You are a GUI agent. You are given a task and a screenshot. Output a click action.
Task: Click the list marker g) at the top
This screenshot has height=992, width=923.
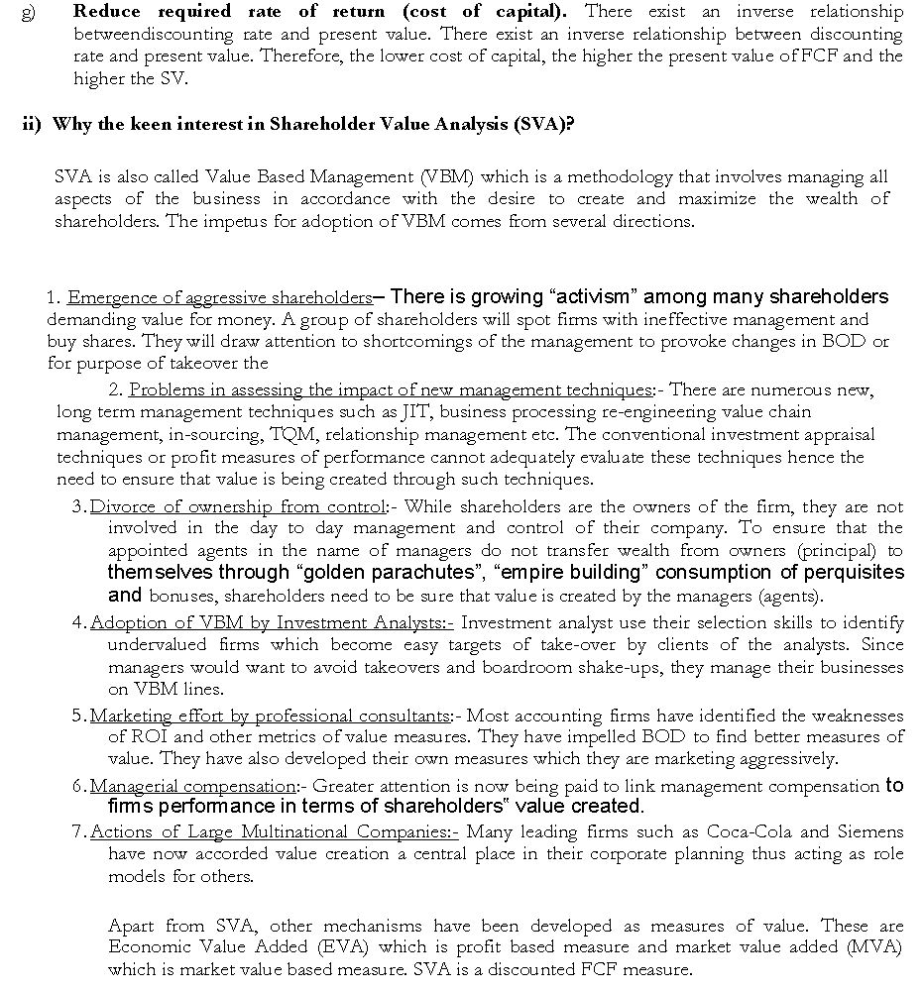pos(27,13)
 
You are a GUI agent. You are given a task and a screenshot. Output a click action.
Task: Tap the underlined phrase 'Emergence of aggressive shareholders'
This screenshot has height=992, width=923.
pos(219,297)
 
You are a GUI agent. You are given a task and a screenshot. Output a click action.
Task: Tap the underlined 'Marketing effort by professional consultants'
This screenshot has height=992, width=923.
pos(270,716)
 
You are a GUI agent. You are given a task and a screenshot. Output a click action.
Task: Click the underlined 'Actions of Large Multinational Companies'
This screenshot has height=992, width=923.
pos(273,831)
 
